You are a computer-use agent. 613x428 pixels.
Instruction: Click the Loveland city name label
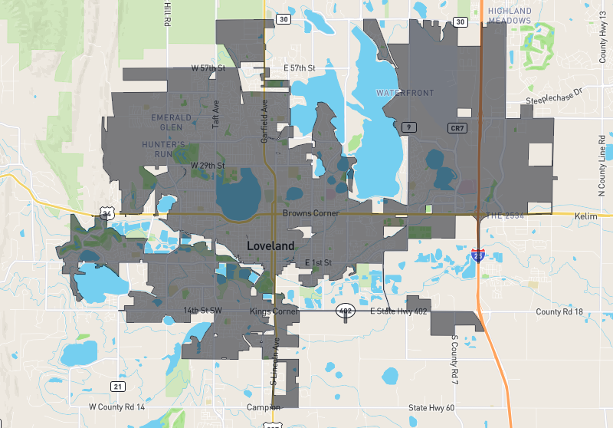[270, 245]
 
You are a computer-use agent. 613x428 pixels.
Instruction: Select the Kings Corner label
[273, 311]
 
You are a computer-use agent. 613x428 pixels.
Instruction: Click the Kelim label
[585, 217]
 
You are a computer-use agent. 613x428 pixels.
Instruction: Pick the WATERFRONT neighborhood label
[405, 93]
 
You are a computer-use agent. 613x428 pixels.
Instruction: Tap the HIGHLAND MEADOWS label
[509, 15]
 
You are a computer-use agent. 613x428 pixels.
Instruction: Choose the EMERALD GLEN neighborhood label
[166, 122]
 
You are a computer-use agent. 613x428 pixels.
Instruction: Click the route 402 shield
[345, 311]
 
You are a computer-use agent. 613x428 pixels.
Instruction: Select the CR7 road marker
[457, 127]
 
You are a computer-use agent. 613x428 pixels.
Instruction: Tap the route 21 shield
[117, 386]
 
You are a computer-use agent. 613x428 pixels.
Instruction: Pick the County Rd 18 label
[559, 312]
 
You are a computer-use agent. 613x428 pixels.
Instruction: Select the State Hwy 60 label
[431, 407]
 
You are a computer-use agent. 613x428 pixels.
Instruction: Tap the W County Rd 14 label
[116, 407]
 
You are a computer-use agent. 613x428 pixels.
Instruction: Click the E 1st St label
[317, 263]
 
